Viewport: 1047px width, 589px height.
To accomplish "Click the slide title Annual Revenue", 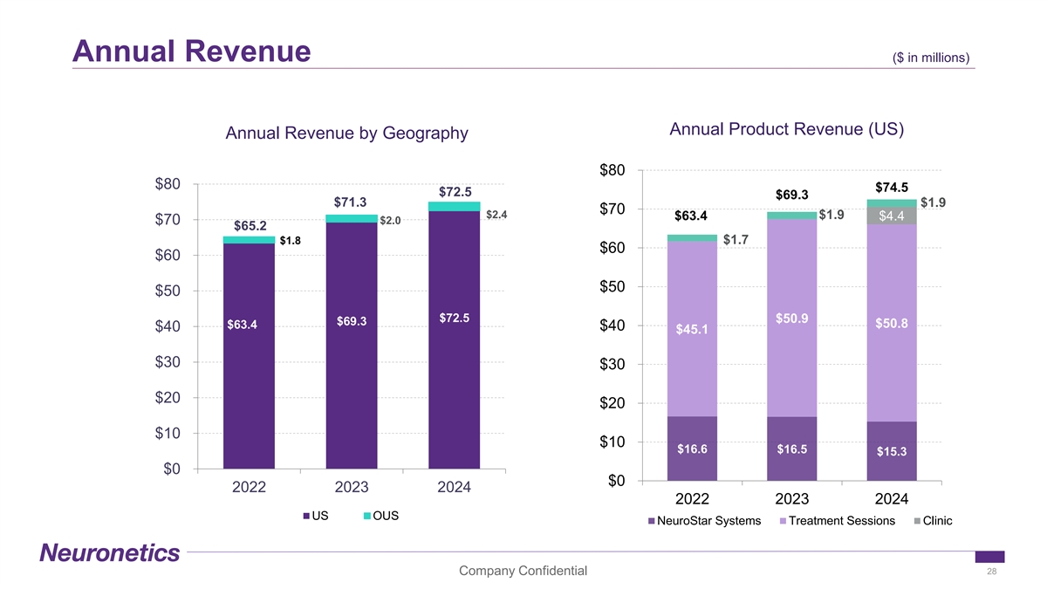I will pyautogui.click(x=192, y=50).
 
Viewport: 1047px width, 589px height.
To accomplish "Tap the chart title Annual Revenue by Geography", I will pyautogui.click(x=346, y=134).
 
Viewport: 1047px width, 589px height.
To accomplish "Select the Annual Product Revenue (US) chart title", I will pyautogui.click(x=786, y=129).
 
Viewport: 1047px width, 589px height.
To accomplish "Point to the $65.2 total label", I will pyautogui.click(x=249, y=226).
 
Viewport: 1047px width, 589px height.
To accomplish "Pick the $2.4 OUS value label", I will pyautogui.click(x=496, y=215).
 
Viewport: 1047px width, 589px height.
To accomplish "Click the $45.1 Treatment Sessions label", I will pyautogui.click(x=692, y=329).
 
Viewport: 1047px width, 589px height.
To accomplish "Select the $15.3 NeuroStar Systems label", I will pyautogui.click(x=892, y=451).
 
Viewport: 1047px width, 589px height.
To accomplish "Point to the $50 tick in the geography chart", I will pyautogui.click(x=168, y=291).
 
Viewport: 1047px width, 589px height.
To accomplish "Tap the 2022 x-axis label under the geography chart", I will pyautogui.click(x=249, y=488).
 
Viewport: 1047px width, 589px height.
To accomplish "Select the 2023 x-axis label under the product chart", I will pyautogui.click(x=792, y=499).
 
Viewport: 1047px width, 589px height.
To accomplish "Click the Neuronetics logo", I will pyautogui.click(x=109, y=553).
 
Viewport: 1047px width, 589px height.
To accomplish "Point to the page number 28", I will pyautogui.click(x=991, y=571).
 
